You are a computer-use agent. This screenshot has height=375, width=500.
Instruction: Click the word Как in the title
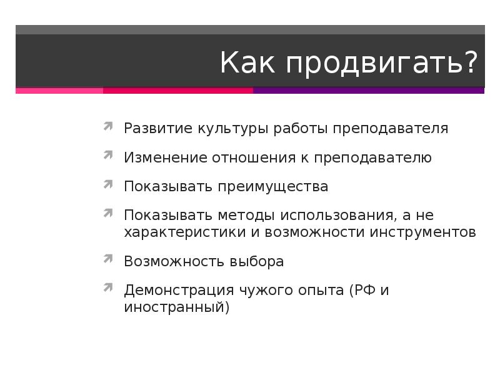point(247,63)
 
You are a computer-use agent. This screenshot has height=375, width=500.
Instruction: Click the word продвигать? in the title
point(382,63)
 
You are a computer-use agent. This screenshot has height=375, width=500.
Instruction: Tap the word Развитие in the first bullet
point(158,129)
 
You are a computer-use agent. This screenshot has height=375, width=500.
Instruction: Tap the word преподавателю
point(373,157)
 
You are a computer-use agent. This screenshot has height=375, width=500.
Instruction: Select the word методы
point(246,216)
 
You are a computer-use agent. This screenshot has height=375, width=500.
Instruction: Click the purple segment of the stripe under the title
point(369,91)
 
